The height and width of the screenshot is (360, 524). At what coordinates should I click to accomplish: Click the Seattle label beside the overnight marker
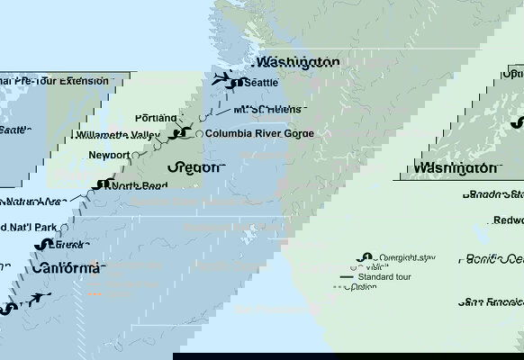261,83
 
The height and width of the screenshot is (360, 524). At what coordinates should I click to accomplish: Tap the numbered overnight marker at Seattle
236,83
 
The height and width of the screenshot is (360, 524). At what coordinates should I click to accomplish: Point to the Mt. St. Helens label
267,110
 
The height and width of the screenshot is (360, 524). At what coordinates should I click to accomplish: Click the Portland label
155,118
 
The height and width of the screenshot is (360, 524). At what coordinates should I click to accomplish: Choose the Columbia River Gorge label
259,134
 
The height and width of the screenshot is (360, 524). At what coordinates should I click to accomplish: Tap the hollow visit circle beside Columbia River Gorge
198,134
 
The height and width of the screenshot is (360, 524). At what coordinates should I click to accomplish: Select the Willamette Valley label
125,136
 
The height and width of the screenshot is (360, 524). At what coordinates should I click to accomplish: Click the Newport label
109,156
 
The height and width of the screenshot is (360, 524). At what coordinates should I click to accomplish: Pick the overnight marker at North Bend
102,184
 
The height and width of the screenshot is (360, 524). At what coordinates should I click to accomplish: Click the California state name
68,268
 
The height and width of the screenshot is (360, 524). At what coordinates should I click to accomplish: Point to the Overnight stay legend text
408,257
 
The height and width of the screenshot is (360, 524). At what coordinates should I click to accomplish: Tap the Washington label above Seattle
298,62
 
